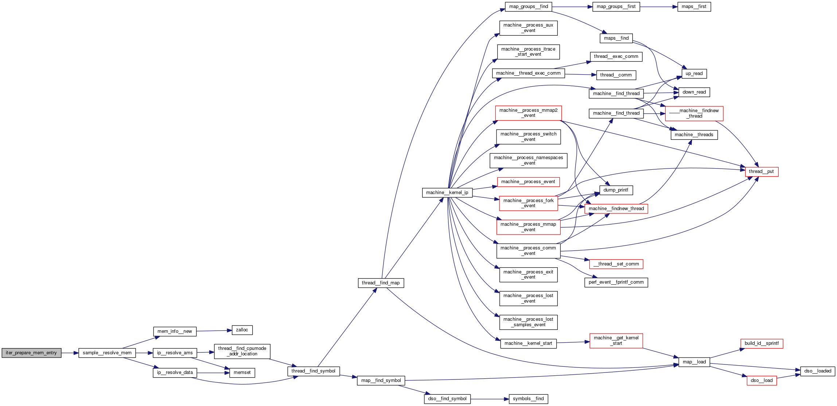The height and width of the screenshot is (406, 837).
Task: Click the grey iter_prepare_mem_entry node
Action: coord(31,353)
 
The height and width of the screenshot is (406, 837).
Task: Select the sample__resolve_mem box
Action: coord(107,353)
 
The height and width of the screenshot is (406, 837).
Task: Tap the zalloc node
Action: coord(242,330)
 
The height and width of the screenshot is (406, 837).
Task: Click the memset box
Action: coord(242,373)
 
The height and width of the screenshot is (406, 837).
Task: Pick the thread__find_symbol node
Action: coord(313,371)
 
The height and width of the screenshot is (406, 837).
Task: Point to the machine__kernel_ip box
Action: coord(447,193)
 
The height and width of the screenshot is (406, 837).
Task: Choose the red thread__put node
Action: coord(761,172)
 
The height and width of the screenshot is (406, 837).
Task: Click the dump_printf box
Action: coord(616,190)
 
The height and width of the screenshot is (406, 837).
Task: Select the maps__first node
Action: coord(694,7)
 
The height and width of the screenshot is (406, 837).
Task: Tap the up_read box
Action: coord(694,74)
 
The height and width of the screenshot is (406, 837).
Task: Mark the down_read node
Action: coord(694,92)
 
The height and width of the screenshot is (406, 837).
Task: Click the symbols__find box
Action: coord(528,399)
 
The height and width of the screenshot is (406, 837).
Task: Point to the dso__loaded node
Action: coord(817,371)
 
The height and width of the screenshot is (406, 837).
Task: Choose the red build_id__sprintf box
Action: coord(761,343)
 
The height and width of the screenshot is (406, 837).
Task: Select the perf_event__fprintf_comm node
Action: coord(616,282)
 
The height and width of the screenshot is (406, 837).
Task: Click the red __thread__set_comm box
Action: coord(616,264)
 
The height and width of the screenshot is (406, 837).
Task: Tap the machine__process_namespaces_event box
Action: coord(528,161)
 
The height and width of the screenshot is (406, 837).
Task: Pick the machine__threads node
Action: coord(694,135)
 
